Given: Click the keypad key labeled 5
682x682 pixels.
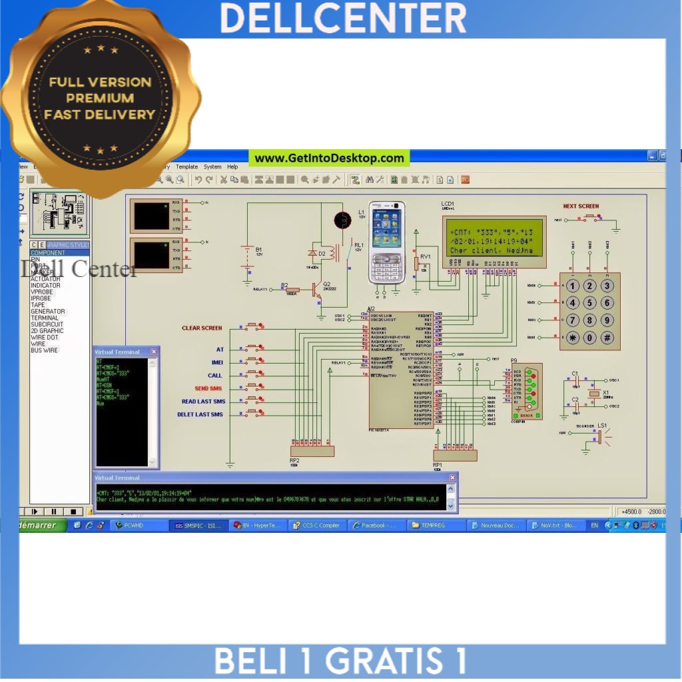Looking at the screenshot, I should pos(590,303).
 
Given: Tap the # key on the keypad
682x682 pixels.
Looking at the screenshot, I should pos(607,338).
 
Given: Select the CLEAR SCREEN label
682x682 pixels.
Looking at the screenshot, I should pos(202,328).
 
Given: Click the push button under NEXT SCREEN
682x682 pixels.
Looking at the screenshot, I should pos(590,216).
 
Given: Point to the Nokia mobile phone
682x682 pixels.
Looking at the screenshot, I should pos(387,242).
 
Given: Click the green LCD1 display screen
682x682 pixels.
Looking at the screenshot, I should pos(495,237).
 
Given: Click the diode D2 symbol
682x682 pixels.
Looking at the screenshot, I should pos(313,254).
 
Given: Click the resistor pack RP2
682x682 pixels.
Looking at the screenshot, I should pos(312,451).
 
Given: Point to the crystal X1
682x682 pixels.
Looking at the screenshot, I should pos(595,394).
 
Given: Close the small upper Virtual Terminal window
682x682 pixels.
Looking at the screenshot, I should pos(154,352).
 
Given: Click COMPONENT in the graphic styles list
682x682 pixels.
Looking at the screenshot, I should pos(48,253).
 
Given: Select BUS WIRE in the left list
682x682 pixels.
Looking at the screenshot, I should pos(44,350).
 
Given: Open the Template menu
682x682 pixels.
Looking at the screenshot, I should pos(186,167).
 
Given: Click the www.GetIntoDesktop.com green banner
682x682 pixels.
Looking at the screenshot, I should pos(329,158).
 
